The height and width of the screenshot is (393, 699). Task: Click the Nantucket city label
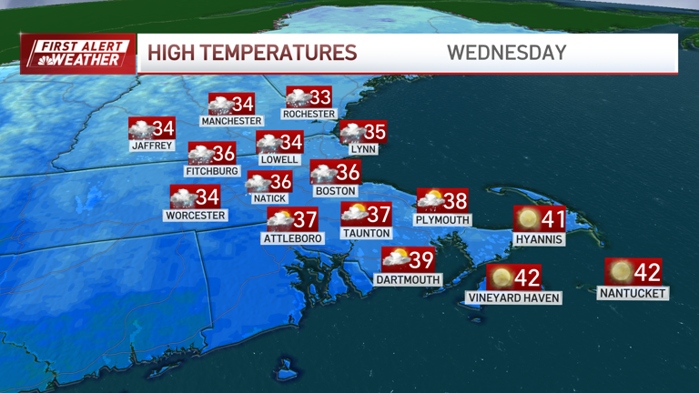point(633,294)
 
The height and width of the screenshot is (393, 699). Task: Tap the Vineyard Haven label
point(513,297)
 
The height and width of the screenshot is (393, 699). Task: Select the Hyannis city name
point(539,239)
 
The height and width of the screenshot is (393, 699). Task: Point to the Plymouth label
point(442,220)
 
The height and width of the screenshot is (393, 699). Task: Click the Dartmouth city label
point(408,280)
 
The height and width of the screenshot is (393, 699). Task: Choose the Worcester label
point(195,216)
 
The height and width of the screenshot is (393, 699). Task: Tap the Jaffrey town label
point(151,145)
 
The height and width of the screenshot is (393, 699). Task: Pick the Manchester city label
point(231,121)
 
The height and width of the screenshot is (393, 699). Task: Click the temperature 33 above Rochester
point(320,97)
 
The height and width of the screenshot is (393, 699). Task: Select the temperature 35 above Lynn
point(375,132)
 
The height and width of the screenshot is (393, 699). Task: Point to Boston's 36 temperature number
point(348,172)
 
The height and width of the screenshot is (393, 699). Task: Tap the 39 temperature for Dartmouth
point(421,260)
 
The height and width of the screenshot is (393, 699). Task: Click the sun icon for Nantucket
point(620,271)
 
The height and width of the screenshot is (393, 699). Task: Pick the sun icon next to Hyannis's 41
point(526,218)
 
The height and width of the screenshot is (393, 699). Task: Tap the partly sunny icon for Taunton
point(354,215)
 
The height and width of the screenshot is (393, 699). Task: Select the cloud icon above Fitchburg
point(200,154)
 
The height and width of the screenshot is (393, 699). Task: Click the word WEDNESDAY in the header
point(506,53)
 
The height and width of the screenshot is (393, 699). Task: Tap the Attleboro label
point(291,239)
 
